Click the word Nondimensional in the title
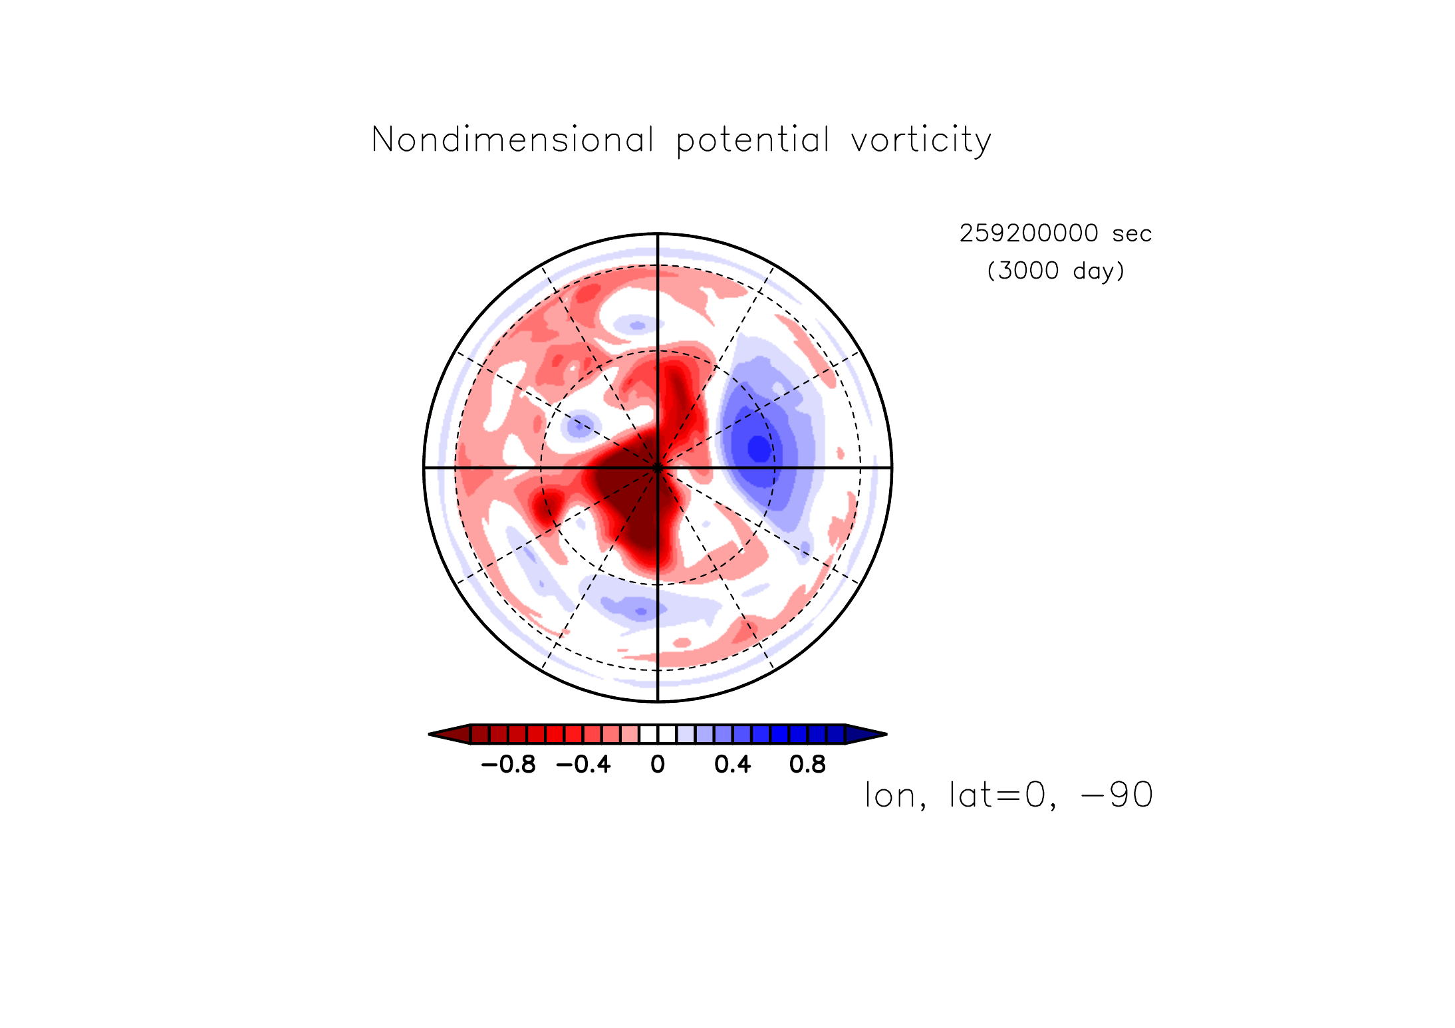click(x=513, y=140)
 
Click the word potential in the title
click(x=753, y=141)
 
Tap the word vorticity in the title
click(x=921, y=141)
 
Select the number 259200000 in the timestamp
click(x=1028, y=233)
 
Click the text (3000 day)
click(x=1056, y=271)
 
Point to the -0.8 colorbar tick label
click(x=508, y=765)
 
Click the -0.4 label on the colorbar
click(x=583, y=765)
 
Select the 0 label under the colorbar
click(x=658, y=765)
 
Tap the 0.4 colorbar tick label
click(x=732, y=765)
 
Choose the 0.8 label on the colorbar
click(x=807, y=765)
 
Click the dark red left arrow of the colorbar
click(x=450, y=734)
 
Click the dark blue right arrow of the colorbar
click(x=866, y=734)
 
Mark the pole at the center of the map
click(x=658, y=467)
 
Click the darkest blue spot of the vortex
click(x=759, y=448)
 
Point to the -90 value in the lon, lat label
click(x=1117, y=795)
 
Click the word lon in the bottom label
click(x=891, y=795)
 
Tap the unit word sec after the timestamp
click(x=1132, y=235)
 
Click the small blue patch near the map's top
click(x=636, y=326)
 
